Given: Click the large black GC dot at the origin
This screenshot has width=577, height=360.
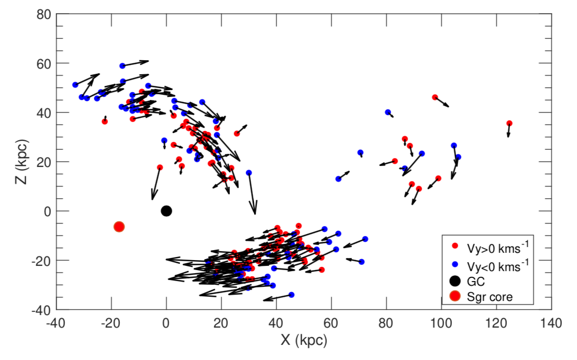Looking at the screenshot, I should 167,211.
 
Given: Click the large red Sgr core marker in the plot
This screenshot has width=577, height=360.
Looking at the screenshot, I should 119,227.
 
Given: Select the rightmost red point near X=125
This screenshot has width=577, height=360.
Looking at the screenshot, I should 509,123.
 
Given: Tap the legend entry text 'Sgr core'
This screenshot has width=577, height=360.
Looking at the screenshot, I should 491,297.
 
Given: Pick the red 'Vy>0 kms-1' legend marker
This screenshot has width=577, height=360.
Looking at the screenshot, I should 455,245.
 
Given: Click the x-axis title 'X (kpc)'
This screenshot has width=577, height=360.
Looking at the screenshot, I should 304,341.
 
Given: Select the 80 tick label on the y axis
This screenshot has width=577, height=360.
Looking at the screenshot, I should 43,14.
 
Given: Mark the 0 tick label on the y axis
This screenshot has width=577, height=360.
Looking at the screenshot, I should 47,211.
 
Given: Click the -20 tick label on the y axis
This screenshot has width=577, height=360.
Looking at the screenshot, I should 41,261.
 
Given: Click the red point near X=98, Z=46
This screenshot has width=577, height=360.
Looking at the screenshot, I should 435,97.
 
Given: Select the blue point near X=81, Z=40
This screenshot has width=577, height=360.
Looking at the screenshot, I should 388,112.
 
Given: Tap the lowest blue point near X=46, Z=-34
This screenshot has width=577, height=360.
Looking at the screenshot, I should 292,295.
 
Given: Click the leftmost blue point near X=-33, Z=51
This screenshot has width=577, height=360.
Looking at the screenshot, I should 75,85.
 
